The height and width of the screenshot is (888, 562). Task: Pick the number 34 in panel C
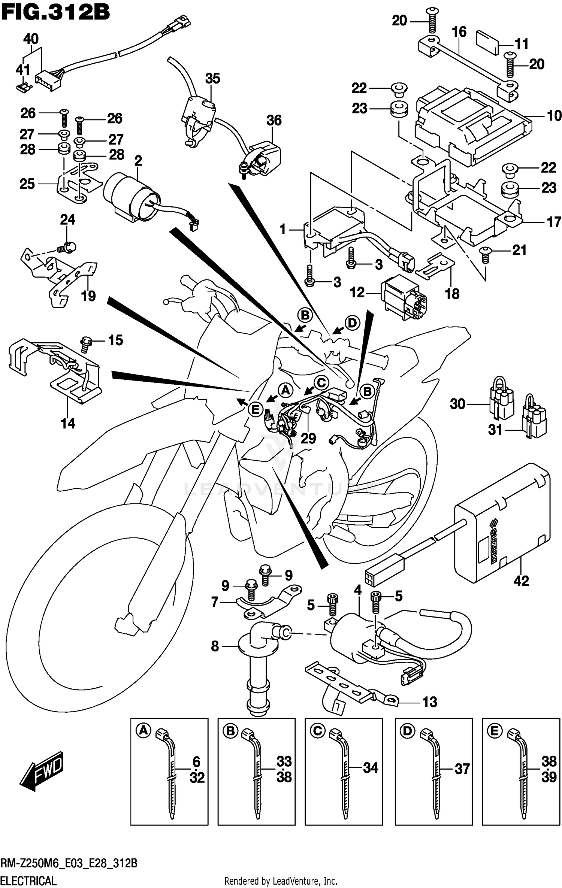point(371,767)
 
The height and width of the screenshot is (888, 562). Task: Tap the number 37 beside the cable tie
point(462,769)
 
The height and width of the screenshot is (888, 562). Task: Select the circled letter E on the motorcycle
point(255,409)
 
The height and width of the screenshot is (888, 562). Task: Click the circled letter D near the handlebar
point(352,322)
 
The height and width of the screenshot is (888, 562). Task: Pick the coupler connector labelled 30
point(501,402)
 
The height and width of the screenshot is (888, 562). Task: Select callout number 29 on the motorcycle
point(308,438)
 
